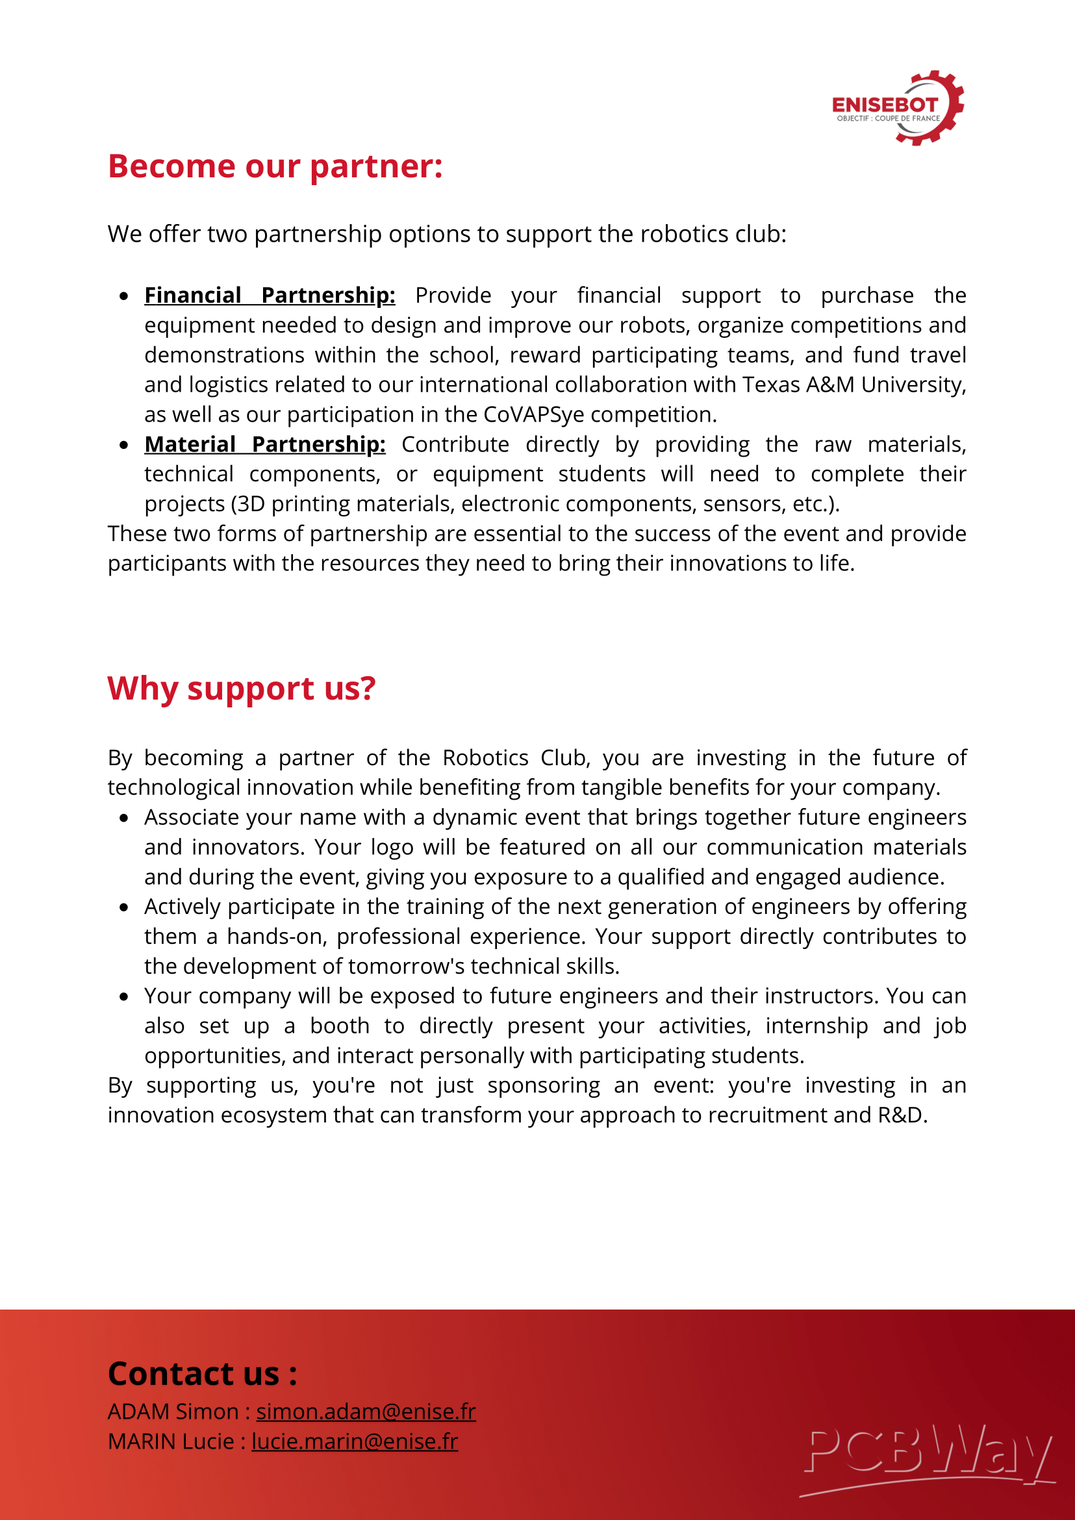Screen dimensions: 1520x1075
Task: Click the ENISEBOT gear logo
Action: (x=898, y=108)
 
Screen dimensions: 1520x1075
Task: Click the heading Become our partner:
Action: (x=275, y=166)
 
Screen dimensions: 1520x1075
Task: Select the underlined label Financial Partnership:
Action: (x=270, y=296)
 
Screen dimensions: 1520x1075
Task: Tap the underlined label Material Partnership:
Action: (x=265, y=444)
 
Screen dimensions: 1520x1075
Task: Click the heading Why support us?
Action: (x=242, y=689)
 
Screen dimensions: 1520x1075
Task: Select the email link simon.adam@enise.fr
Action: (x=366, y=1412)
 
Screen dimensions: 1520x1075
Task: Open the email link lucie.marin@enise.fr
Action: (x=355, y=1441)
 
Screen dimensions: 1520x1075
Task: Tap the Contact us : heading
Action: (x=203, y=1374)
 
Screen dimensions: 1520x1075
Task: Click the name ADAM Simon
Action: (x=173, y=1412)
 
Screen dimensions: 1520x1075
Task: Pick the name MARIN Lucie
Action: (x=171, y=1441)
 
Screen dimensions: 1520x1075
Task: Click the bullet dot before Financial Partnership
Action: (x=124, y=296)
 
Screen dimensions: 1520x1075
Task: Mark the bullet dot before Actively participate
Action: (x=124, y=907)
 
